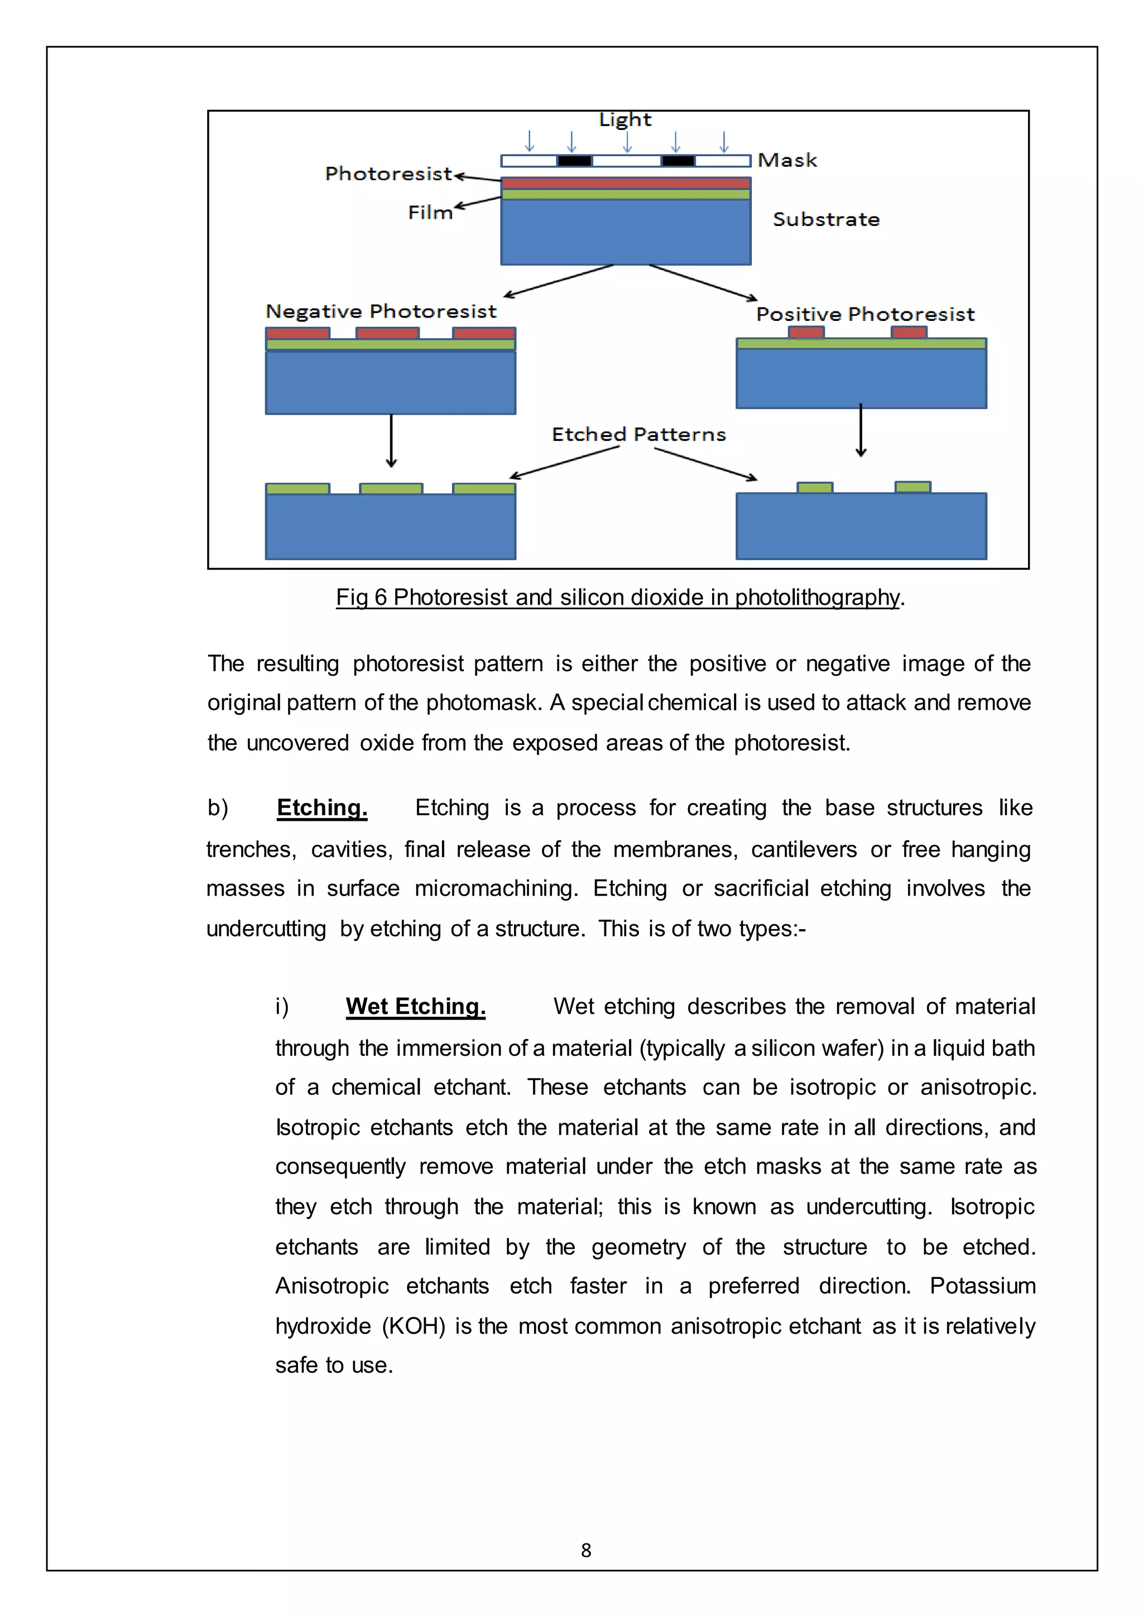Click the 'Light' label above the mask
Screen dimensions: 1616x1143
click(625, 119)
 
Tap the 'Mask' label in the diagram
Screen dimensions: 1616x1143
click(787, 161)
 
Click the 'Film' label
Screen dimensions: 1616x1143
click(430, 213)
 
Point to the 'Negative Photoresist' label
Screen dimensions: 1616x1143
click(381, 311)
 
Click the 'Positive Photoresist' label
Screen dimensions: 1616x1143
click(865, 314)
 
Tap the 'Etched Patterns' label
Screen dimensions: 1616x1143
click(638, 434)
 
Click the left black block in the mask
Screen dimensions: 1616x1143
click(574, 161)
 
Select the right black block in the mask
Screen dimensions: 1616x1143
click(678, 161)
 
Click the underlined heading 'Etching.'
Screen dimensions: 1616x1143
click(321, 807)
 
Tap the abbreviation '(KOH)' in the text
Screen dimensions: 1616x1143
click(414, 1326)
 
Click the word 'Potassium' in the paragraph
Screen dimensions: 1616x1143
click(982, 1286)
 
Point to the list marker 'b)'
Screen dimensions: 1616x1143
click(218, 808)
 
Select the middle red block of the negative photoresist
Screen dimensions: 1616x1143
click(387, 333)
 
